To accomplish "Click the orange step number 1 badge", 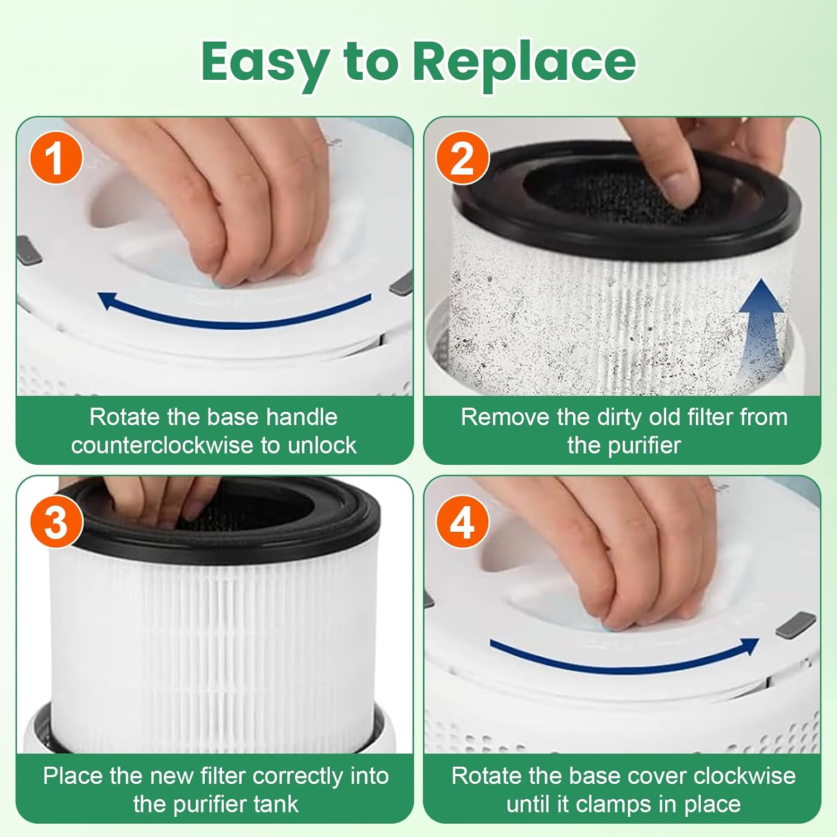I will [x=56, y=158].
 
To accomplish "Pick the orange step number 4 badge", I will [x=462, y=523].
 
